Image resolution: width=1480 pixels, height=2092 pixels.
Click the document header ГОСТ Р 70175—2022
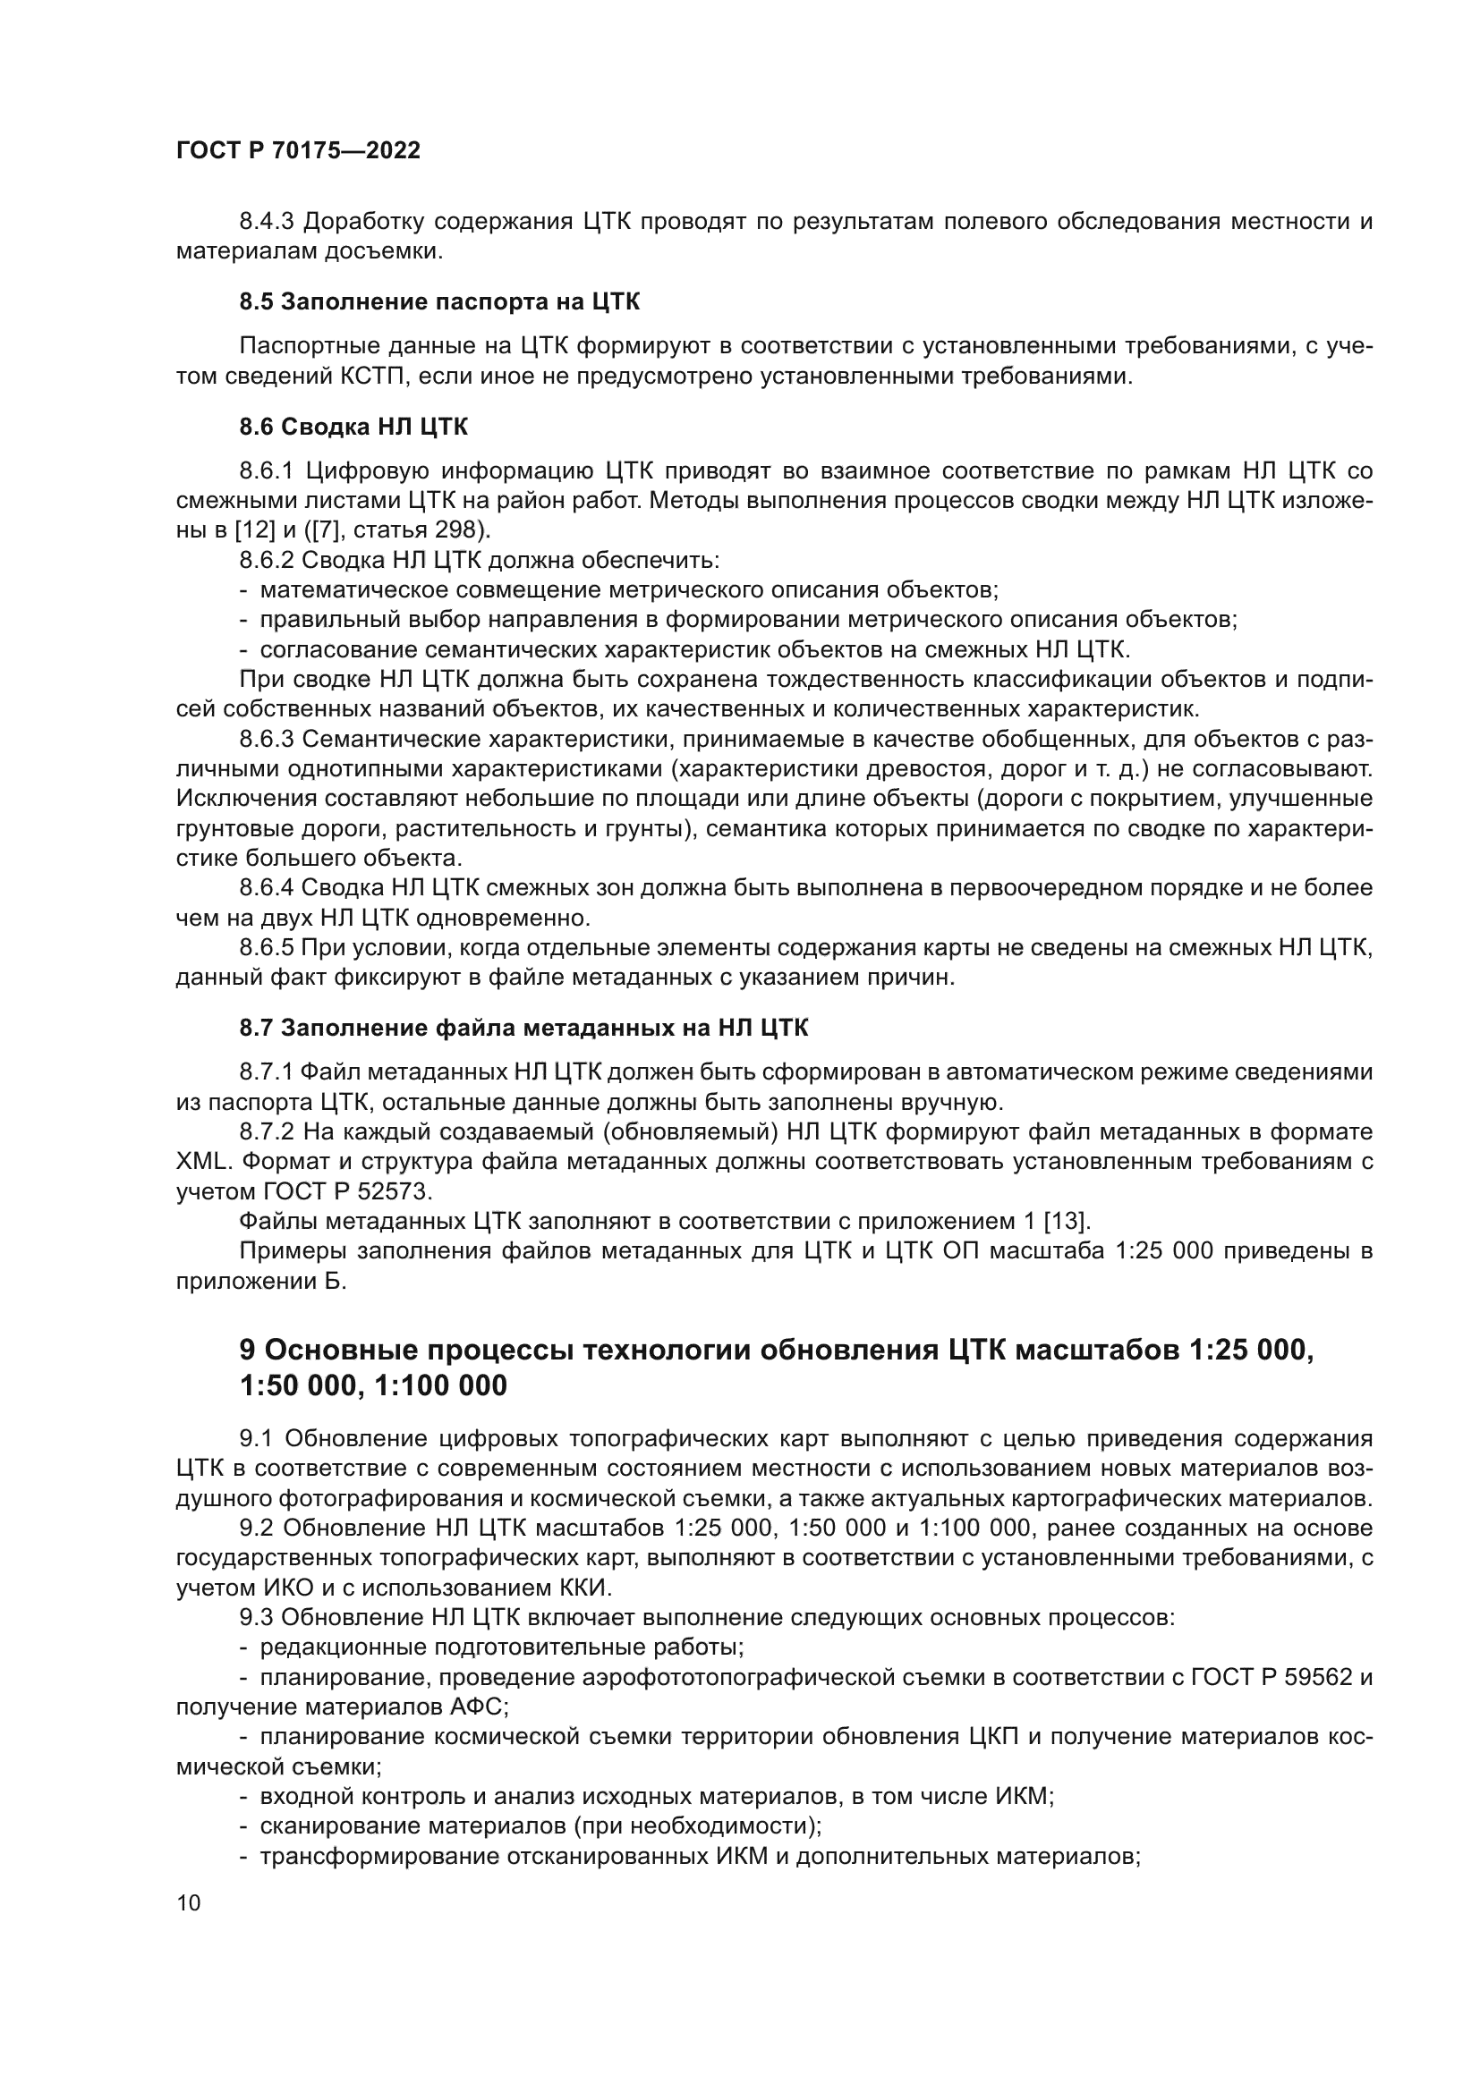[x=298, y=151]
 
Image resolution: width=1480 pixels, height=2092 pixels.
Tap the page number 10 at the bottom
[x=189, y=1902]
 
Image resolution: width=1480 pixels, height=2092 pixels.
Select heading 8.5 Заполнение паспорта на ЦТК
[x=439, y=301]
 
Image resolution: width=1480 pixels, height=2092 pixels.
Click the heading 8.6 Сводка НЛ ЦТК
[x=353, y=427]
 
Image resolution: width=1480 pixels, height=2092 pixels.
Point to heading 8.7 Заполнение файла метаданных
[x=523, y=1028]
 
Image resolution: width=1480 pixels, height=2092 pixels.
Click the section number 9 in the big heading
[x=247, y=1350]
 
